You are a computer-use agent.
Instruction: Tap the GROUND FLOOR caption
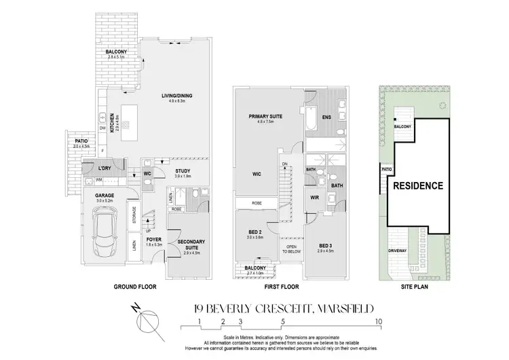click(x=136, y=287)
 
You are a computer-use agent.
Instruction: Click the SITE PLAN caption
click(x=417, y=287)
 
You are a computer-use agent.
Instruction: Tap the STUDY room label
click(x=182, y=171)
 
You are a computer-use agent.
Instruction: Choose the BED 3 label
click(x=326, y=245)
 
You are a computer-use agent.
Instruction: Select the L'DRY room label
click(x=105, y=168)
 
